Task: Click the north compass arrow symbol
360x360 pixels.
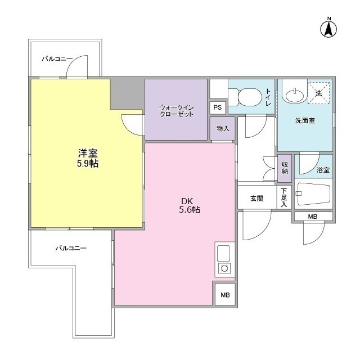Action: [x=328, y=28]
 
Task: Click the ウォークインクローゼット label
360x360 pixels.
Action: [x=176, y=110]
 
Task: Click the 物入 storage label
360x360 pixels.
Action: [x=223, y=128]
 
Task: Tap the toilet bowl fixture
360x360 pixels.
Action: [x=247, y=98]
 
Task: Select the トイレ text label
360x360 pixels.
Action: [x=268, y=98]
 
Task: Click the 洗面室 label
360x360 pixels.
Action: [x=304, y=120]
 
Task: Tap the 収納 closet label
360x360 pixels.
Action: [x=285, y=168]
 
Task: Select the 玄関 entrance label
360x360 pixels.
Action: [x=256, y=199]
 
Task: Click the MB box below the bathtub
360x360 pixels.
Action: [x=313, y=217]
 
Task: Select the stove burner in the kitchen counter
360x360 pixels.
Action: [x=224, y=268]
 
